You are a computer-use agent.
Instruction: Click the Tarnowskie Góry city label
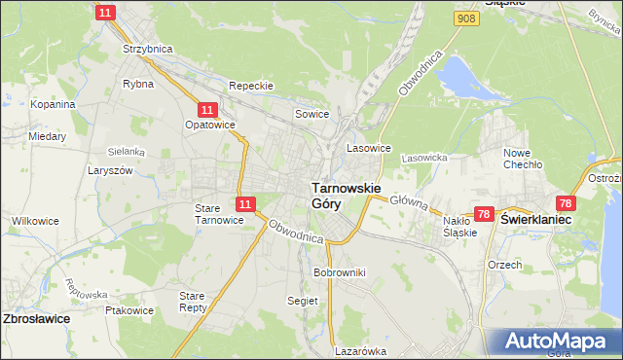[346, 195]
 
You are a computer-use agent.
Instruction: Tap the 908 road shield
[466, 18]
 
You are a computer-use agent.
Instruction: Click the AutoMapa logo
[551, 342]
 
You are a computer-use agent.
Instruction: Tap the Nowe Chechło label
[522, 159]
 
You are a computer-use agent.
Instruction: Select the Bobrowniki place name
[339, 272]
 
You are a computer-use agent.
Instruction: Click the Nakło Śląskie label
[459, 227]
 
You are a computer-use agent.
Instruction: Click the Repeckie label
[250, 86]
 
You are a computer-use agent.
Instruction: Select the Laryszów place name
[137, 169]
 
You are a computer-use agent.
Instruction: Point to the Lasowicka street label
[423, 157]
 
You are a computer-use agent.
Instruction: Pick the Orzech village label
[505, 264]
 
